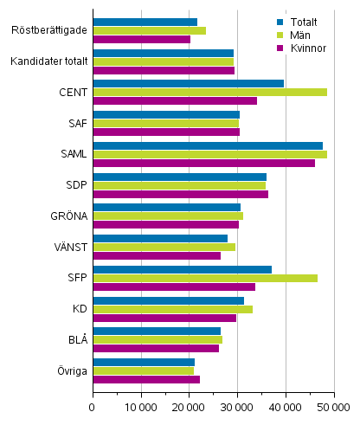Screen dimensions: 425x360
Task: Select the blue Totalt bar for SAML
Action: pyautogui.click(x=208, y=145)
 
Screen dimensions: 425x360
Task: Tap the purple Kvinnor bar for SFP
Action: pyautogui.click(x=174, y=287)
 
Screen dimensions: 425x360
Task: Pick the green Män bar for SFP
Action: pyautogui.click(x=205, y=278)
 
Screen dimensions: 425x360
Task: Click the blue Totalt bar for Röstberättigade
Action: pyautogui.click(x=145, y=22)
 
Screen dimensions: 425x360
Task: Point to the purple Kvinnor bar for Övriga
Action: pyautogui.click(x=146, y=379)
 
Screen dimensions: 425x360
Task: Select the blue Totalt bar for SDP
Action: pyautogui.click(x=179, y=177)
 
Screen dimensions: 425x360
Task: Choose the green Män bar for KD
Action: pyautogui.click(x=172, y=309)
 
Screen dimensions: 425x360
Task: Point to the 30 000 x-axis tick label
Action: pyautogui.click(x=237, y=407)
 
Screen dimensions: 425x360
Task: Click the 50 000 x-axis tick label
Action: pyautogui.click(x=333, y=407)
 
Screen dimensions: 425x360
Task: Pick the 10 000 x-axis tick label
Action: pyautogui.click(x=141, y=407)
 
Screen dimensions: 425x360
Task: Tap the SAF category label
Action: pyautogui.click(x=76, y=123)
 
